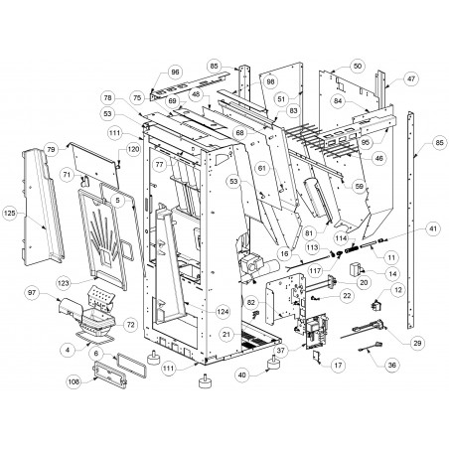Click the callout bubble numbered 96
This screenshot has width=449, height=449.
[175, 73]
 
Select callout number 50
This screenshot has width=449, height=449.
[358, 66]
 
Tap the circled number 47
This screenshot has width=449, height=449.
[411, 78]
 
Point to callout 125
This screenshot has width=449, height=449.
[10, 214]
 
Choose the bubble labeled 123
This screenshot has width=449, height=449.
[64, 283]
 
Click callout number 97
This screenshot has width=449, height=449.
[32, 293]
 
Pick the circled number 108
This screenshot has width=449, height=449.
[74, 381]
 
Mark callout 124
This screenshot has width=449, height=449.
[223, 312]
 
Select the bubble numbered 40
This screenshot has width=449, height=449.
[242, 375]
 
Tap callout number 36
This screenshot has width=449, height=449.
[391, 366]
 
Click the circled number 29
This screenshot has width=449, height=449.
[417, 343]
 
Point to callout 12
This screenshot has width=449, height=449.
[397, 290]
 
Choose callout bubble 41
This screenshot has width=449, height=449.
[433, 228]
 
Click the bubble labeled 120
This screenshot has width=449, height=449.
[133, 149]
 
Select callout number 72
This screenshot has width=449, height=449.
[131, 325]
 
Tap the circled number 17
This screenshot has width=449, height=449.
[338, 366]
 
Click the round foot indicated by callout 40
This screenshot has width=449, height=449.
[274, 363]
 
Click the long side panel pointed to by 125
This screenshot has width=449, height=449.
[42, 207]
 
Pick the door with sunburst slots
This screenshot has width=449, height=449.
[102, 238]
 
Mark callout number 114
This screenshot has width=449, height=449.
[341, 238]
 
